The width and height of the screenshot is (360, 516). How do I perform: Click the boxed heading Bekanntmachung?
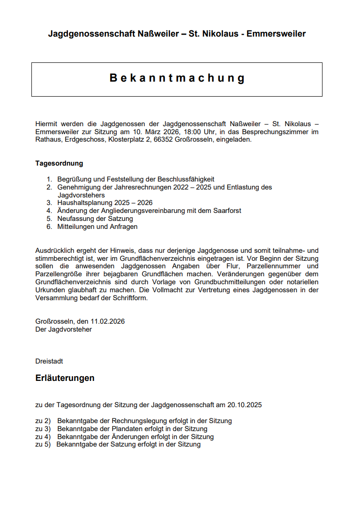point(177,78)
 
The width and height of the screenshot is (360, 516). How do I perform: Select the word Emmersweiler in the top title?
point(276,34)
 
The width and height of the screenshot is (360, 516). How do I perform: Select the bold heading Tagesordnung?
point(59,163)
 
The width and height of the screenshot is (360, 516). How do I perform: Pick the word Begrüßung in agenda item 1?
point(73,179)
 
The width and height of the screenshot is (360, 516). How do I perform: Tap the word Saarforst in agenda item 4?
point(226,211)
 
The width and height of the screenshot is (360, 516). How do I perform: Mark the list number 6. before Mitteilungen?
point(49,227)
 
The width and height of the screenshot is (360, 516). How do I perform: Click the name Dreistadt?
point(49,361)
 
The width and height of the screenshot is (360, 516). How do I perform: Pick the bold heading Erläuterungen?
point(65,378)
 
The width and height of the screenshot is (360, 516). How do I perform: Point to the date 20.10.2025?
point(245,405)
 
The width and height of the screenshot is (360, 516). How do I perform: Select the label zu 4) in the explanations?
point(43,437)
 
